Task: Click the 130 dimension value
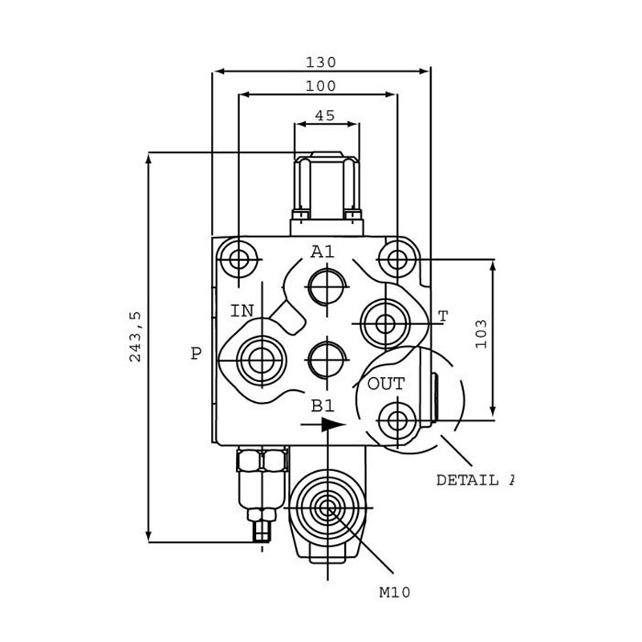coord(321,63)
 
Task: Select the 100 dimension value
coord(321,86)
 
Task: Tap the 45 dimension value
coord(325,116)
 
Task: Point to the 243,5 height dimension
coord(135,336)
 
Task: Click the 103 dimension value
coord(481,334)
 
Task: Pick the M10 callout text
coord(395,592)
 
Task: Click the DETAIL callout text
coord(467,480)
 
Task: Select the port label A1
coord(323,251)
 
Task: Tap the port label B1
coord(323,405)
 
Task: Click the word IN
coord(242,311)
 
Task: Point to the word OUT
coord(386,384)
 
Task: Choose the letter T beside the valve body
coord(444,316)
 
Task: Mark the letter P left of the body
coord(197,353)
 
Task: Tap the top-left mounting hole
coord(238,259)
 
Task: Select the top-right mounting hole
coord(397,259)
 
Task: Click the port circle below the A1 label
coord(327,286)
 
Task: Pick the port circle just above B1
coord(327,360)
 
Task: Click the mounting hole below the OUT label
coord(397,421)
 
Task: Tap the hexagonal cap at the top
coord(327,186)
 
